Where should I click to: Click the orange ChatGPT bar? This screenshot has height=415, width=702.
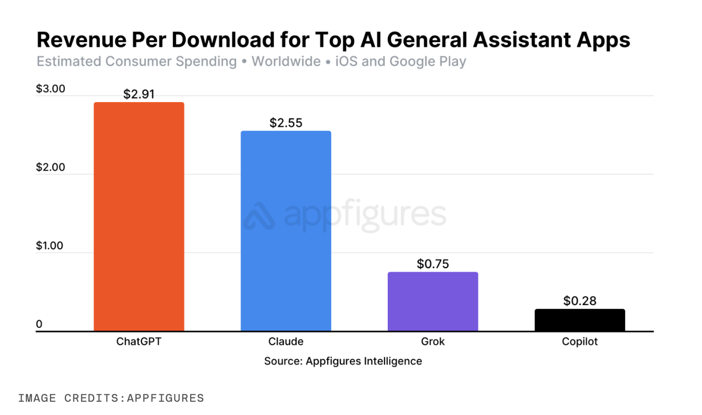tap(139, 216)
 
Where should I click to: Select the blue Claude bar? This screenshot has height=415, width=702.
tap(286, 231)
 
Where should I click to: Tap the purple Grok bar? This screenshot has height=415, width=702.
tap(433, 301)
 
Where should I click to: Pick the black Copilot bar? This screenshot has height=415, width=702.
tap(579, 320)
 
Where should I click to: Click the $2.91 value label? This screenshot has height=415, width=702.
tap(139, 94)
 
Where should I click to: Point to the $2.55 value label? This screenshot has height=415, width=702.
tap(286, 123)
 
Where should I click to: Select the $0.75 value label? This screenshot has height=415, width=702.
tap(433, 264)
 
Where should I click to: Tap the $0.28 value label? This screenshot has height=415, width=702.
tap(579, 301)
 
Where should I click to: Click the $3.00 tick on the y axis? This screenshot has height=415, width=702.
tap(50, 89)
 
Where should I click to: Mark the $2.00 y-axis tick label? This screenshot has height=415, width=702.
tap(50, 167)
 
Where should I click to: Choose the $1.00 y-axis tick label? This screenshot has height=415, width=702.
tap(50, 246)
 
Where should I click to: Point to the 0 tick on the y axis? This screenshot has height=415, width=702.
tap(39, 324)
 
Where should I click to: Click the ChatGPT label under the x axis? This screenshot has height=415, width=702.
tap(139, 341)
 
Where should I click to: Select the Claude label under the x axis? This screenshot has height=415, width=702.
tap(286, 341)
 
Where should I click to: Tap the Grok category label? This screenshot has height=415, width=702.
tap(433, 341)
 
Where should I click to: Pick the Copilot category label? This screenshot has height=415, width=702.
tap(579, 341)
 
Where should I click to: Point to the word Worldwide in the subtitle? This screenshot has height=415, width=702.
tap(286, 62)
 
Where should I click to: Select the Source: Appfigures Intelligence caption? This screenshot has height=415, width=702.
tap(343, 361)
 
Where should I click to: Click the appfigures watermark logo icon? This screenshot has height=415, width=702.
tap(259, 216)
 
